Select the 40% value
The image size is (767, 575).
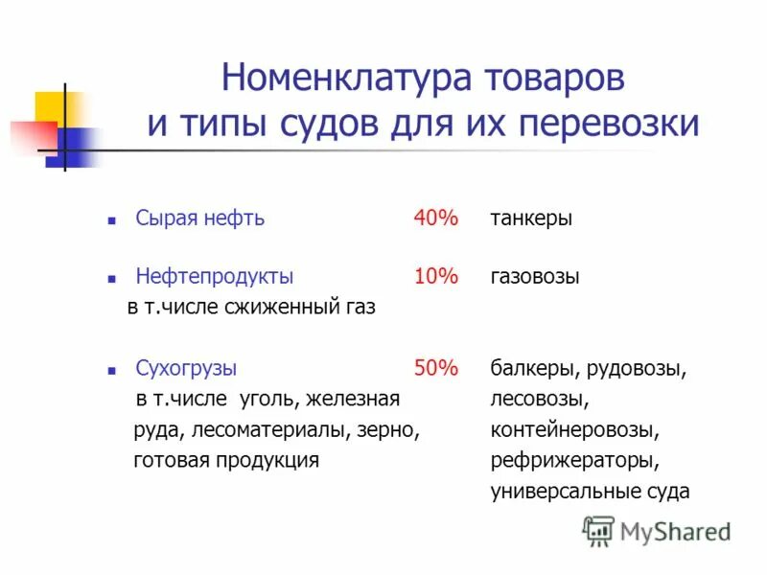pos(436,218)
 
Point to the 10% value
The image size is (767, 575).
pos(436,277)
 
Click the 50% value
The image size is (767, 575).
pos(436,367)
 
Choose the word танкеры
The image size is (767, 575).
pos(531,218)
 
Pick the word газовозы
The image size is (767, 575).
pos(535,277)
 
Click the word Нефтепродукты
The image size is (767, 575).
pos(215,277)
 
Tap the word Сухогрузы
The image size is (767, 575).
pos(186,367)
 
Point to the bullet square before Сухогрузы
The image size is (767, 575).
pos(111,369)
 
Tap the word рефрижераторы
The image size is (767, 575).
pos(574,460)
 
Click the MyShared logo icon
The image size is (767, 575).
pos(598,530)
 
